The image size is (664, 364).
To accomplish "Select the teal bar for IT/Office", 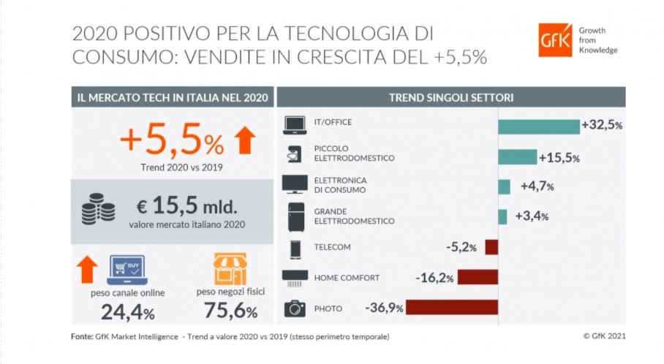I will tap(538, 126).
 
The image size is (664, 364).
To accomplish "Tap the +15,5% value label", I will tap(559, 157).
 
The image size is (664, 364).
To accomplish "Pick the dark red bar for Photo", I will tap(451, 307).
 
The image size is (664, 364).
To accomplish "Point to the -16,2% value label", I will tap(434, 278).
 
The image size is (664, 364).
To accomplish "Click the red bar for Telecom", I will tap(491, 247).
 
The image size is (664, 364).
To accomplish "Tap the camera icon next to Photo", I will tap(294, 308).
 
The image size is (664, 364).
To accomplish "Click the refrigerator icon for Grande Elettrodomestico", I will tap(294, 216).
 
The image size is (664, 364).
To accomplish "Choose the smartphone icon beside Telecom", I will tap(294, 248).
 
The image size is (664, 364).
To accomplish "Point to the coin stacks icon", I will tap(98, 211).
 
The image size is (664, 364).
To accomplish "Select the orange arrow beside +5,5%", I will tap(246, 140).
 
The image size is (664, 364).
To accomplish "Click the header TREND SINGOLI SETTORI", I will tap(450, 96).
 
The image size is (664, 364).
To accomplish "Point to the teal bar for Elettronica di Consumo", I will tap(504, 186).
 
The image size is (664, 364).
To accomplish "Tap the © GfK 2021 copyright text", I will tap(604, 336).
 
